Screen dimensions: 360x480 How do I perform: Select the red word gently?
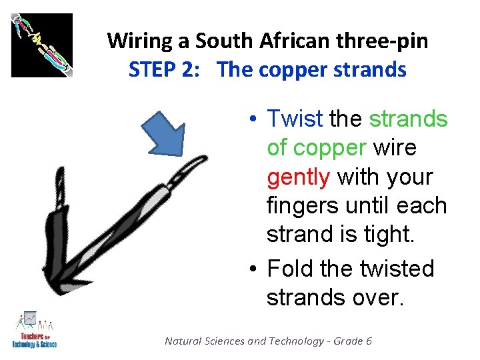pos(298,177)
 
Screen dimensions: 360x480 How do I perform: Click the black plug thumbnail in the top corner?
pos(41,45)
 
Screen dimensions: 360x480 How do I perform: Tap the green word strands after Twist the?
pos(408,119)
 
